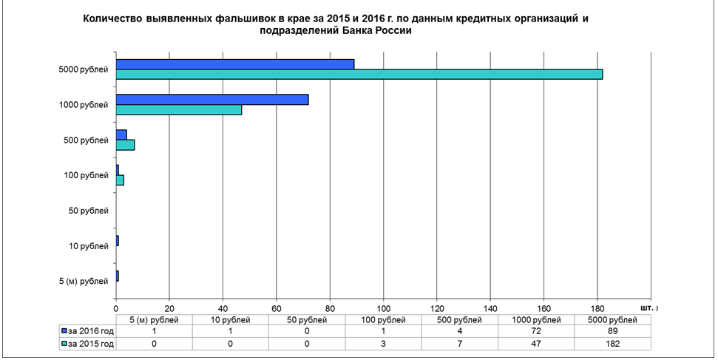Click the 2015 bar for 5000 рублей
point(359,74)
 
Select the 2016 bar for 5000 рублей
point(235,64)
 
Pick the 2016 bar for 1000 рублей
point(212,99)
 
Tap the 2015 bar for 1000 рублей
point(179,109)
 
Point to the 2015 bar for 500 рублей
point(125,145)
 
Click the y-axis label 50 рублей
point(88,211)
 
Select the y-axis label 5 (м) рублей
point(84,281)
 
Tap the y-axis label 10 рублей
point(88,246)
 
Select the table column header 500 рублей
point(460,319)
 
